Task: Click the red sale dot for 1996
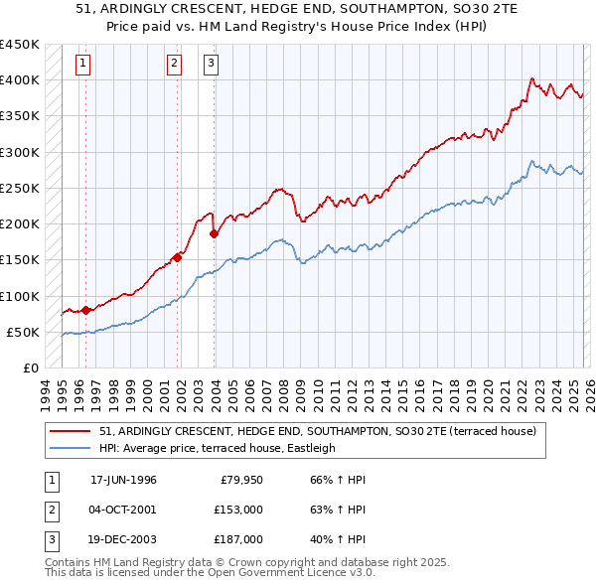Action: point(85,310)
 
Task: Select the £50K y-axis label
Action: point(24,332)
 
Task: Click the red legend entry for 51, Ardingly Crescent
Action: point(318,431)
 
